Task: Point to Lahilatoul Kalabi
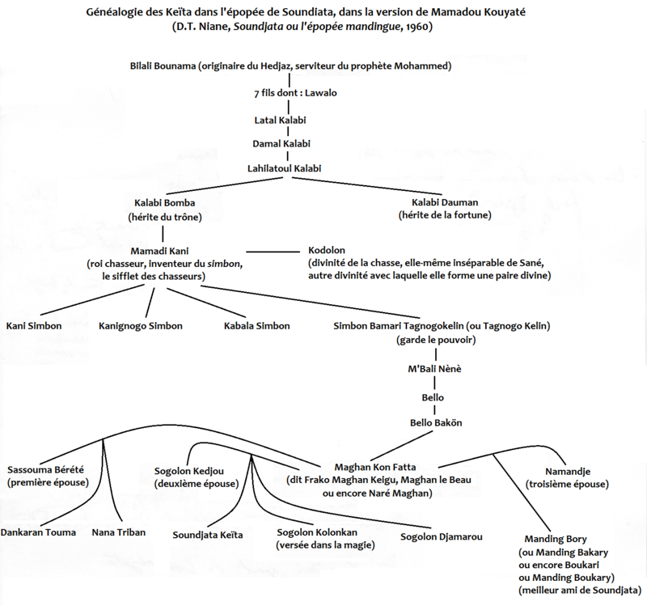click(285, 169)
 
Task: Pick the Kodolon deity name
click(328, 251)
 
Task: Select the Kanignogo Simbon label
click(141, 326)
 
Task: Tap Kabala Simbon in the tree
click(257, 326)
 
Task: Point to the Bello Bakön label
click(436, 422)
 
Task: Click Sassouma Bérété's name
click(45, 469)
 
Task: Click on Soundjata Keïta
click(208, 535)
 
